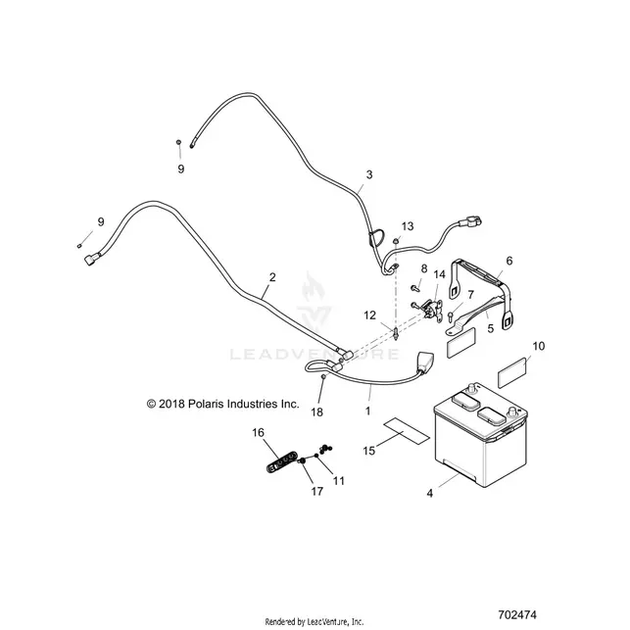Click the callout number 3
tap(368, 174)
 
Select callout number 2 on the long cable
tap(272, 277)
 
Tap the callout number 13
tap(408, 226)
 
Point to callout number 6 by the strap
tap(509, 261)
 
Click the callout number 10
tap(539, 346)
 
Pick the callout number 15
tap(368, 451)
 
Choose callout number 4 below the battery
tap(430, 493)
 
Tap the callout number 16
tap(259, 432)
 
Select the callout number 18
tap(317, 412)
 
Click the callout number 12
tap(370, 315)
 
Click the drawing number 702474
tap(517, 614)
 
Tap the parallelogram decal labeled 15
tap(407, 431)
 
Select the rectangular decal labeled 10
tap(512, 372)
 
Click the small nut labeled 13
tap(396, 240)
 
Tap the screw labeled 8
tap(414, 288)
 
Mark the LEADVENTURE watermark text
tap(315, 354)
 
